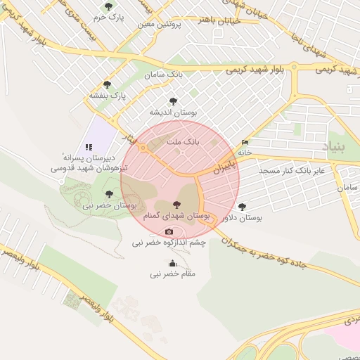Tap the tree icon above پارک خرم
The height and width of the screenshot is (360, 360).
(108, 6)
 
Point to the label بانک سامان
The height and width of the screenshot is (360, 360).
(160, 75)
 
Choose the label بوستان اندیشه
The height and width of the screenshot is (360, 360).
(173, 112)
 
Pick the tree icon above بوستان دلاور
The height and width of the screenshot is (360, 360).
(243, 207)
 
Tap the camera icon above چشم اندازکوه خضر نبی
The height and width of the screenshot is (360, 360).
(169, 232)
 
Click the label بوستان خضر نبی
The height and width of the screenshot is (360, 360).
(108, 205)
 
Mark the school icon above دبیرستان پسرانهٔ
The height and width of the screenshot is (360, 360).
(89, 147)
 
